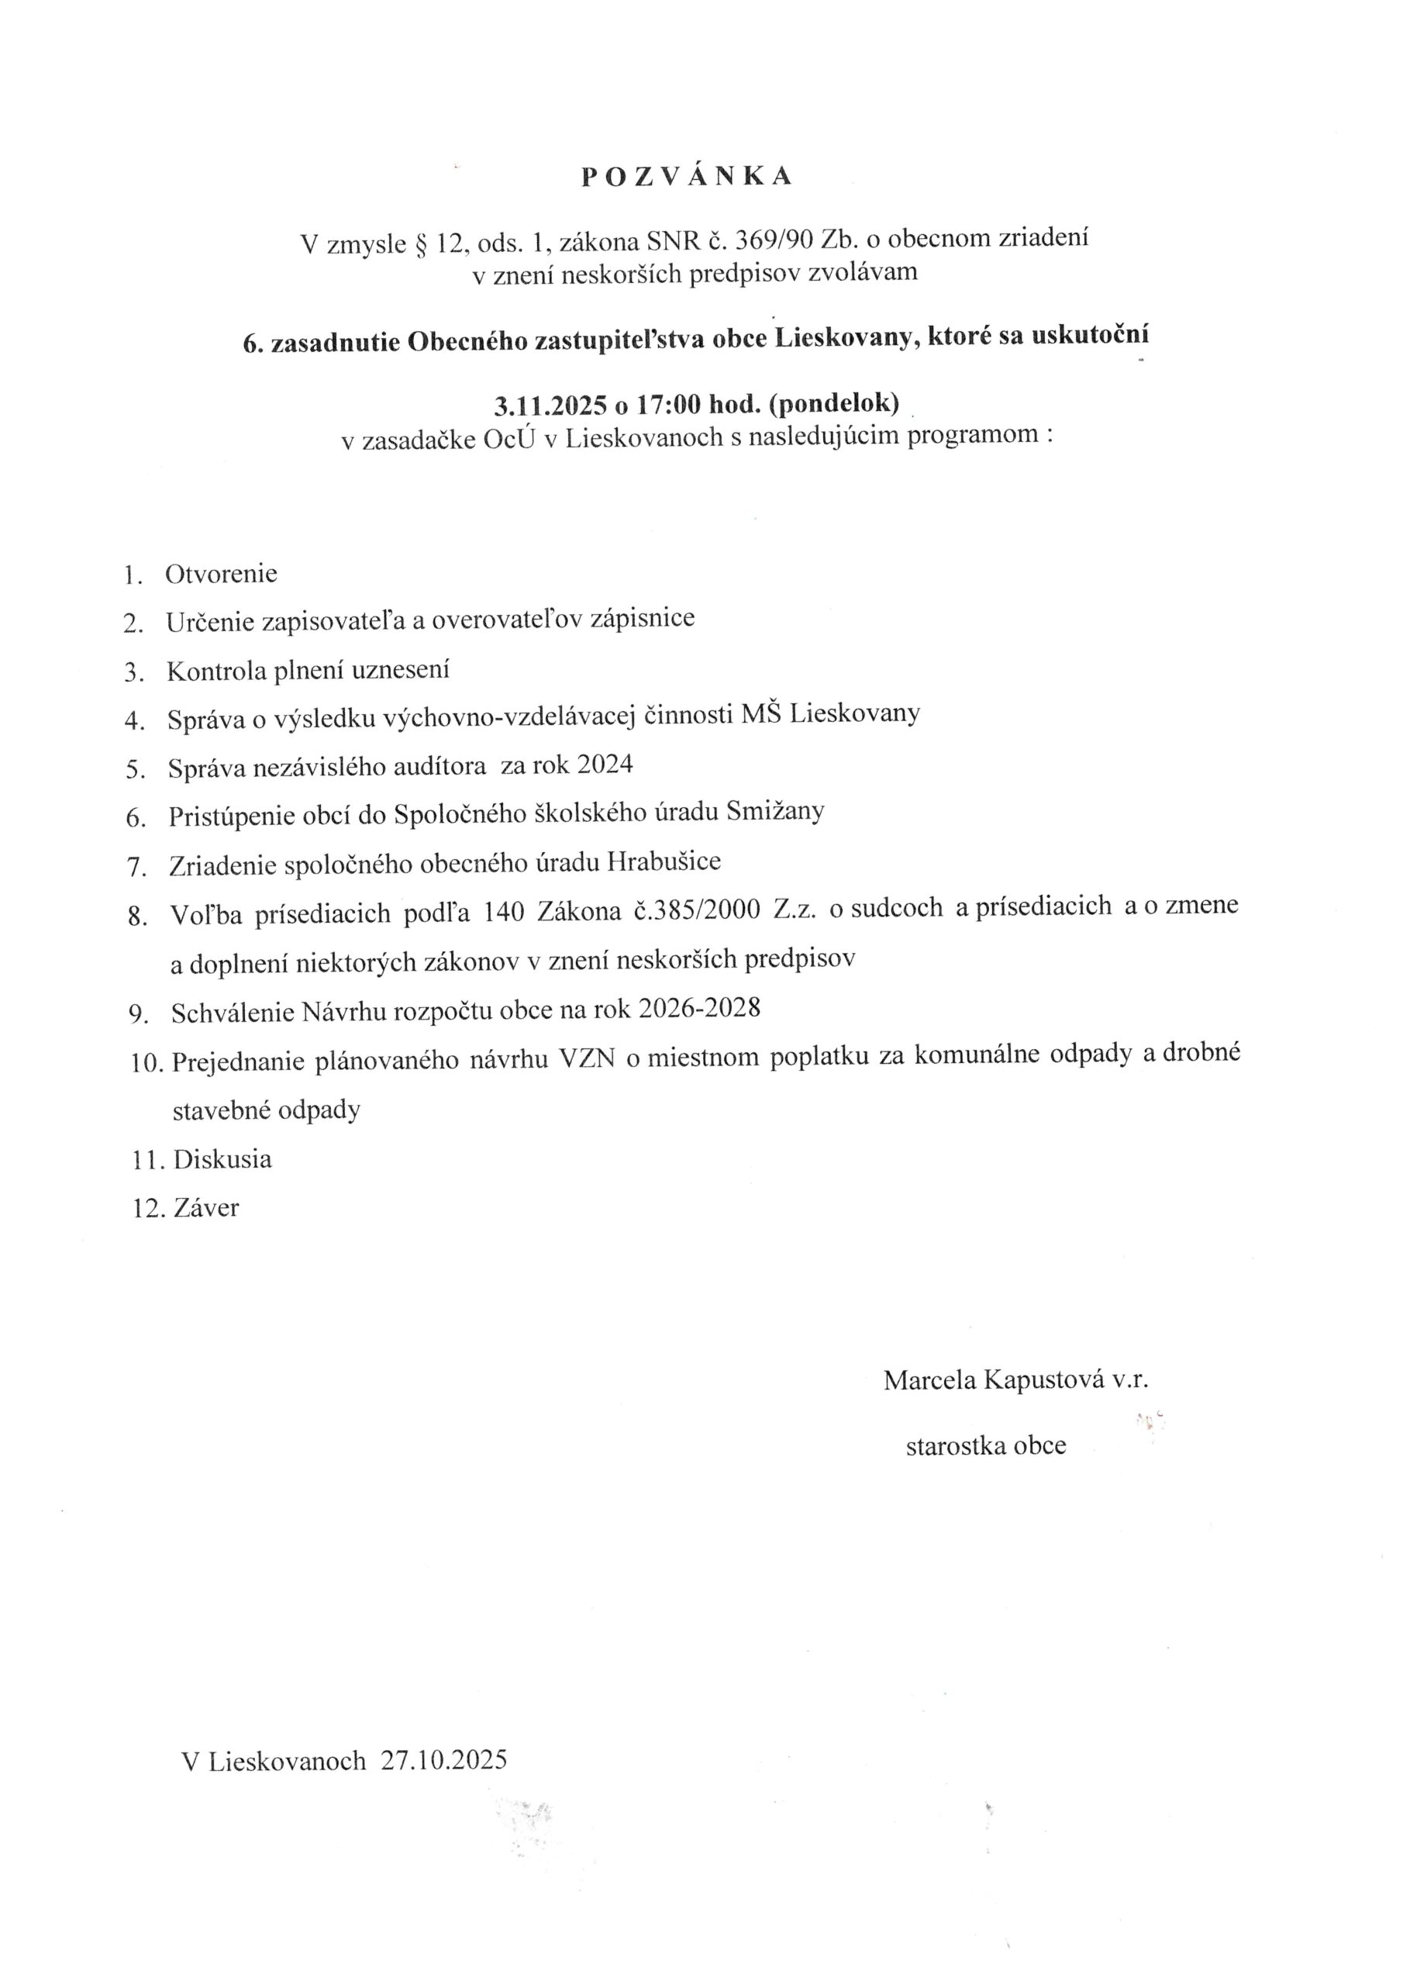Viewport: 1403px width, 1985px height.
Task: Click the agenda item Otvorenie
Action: (221, 574)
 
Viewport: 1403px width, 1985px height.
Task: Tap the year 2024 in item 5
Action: (605, 765)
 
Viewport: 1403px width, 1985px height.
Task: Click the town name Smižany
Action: (775, 811)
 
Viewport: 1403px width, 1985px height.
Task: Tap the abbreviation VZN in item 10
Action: (587, 1059)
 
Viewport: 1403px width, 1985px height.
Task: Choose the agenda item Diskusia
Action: (222, 1159)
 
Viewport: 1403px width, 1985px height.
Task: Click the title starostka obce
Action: (985, 1445)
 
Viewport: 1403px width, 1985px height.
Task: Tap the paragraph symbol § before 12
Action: (422, 245)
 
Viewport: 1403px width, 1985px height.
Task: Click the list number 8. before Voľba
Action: (137, 917)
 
